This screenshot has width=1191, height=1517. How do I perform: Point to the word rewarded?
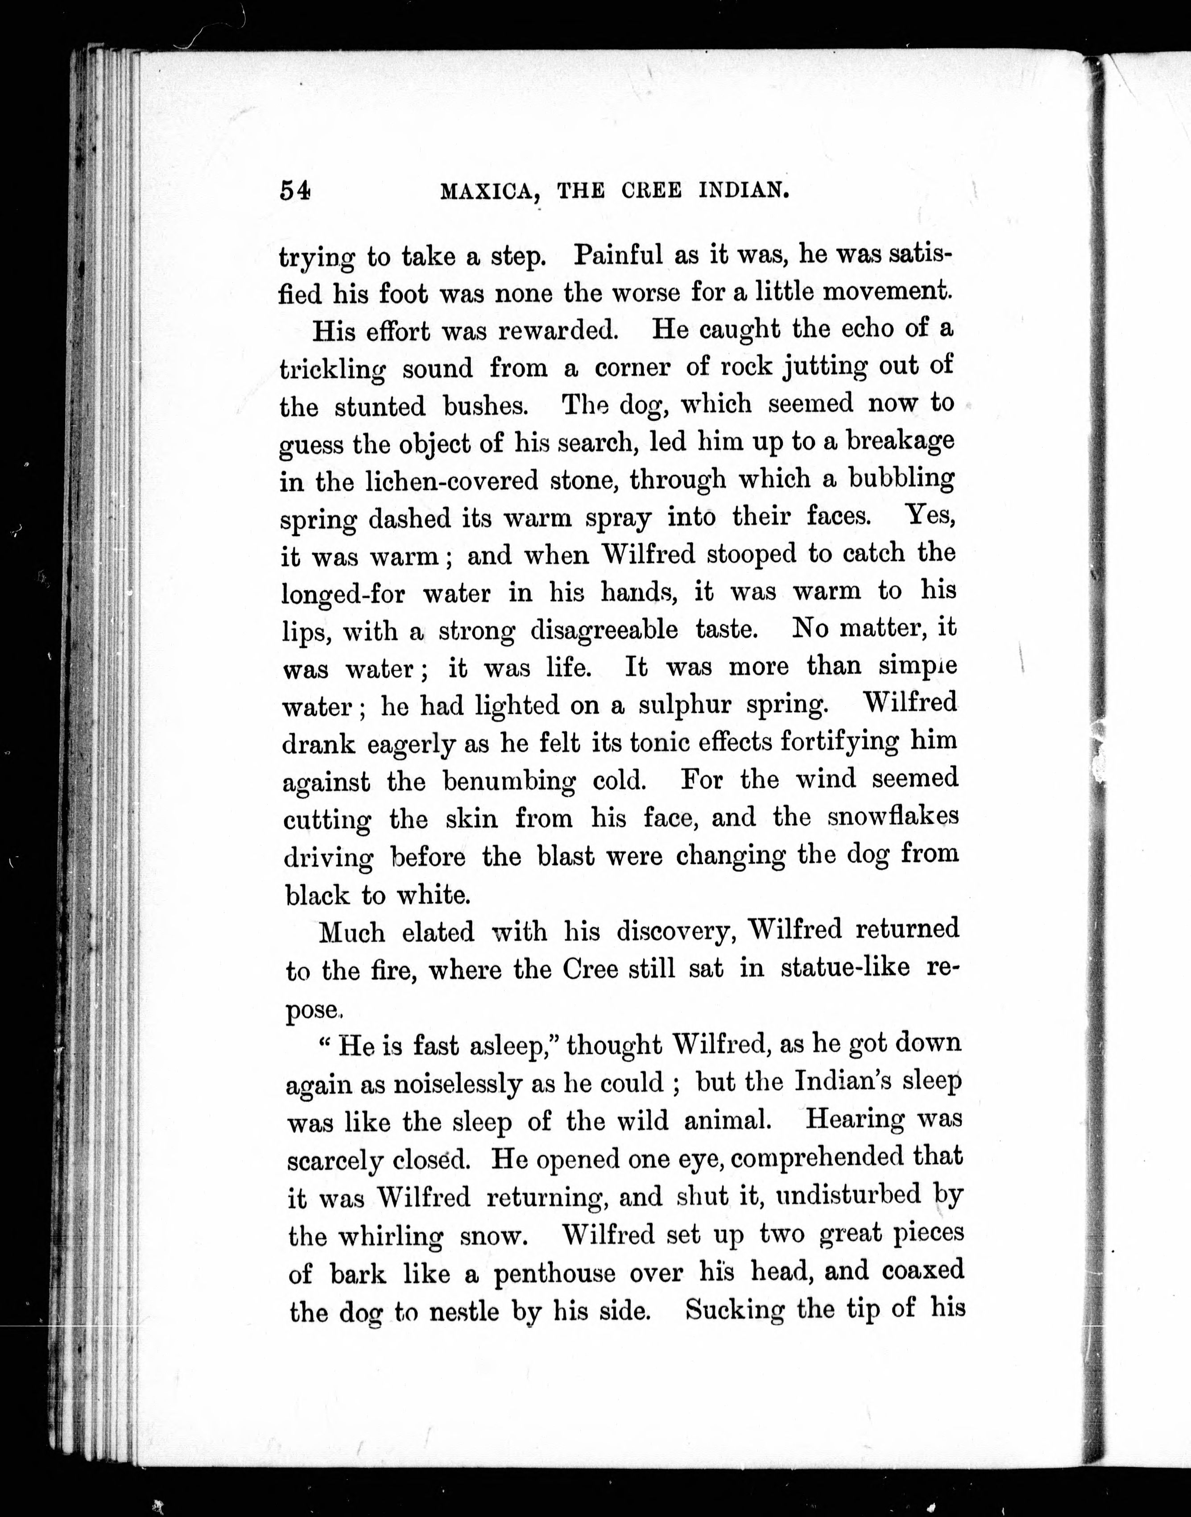click(558, 330)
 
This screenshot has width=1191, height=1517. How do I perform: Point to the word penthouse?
click(555, 1273)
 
